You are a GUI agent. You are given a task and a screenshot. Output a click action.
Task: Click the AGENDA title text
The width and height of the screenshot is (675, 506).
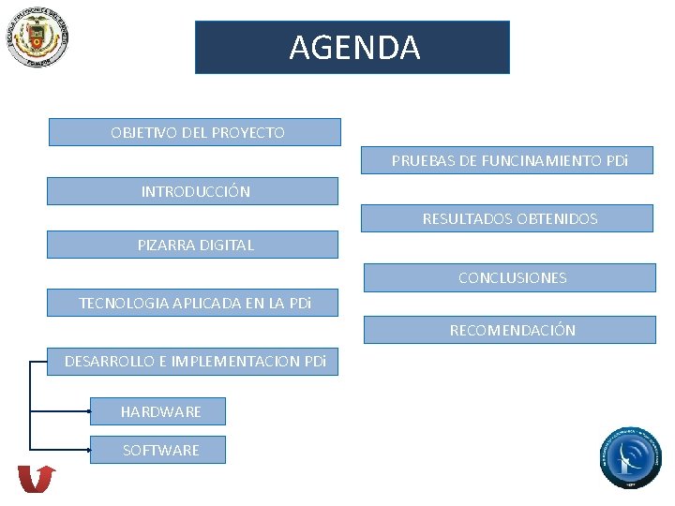354,47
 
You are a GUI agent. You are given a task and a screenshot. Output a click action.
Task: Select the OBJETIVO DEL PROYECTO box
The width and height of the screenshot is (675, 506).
195,132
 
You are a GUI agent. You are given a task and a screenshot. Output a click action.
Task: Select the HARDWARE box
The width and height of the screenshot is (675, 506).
158,411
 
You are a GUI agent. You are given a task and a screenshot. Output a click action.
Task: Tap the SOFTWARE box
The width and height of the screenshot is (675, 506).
158,450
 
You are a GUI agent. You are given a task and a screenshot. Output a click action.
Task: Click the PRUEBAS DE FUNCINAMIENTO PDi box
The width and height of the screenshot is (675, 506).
508,160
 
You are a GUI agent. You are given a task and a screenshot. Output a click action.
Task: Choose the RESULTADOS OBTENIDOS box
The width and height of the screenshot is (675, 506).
508,218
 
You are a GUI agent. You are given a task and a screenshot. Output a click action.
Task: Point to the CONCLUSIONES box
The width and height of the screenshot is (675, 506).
510,277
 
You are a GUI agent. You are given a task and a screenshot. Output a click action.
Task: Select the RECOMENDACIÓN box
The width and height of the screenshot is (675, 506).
510,330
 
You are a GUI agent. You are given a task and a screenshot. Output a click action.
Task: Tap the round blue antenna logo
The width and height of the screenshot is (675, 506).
631,457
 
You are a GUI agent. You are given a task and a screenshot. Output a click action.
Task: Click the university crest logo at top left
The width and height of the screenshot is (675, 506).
37,37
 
